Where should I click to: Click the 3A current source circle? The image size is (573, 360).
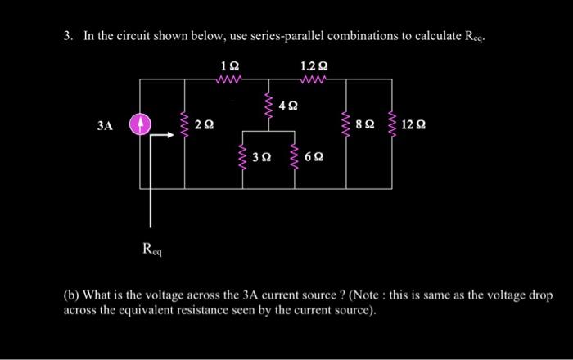(x=141, y=125)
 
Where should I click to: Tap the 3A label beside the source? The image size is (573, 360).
(x=104, y=126)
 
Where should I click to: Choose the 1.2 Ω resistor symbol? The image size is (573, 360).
(x=313, y=79)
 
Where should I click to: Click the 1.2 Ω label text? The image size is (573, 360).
(x=314, y=63)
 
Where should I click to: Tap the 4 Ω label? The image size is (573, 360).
(x=288, y=106)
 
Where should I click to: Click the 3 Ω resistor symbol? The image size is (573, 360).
(x=241, y=155)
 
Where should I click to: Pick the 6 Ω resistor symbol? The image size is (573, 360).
(x=294, y=155)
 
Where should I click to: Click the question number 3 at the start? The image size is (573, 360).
(x=69, y=37)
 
